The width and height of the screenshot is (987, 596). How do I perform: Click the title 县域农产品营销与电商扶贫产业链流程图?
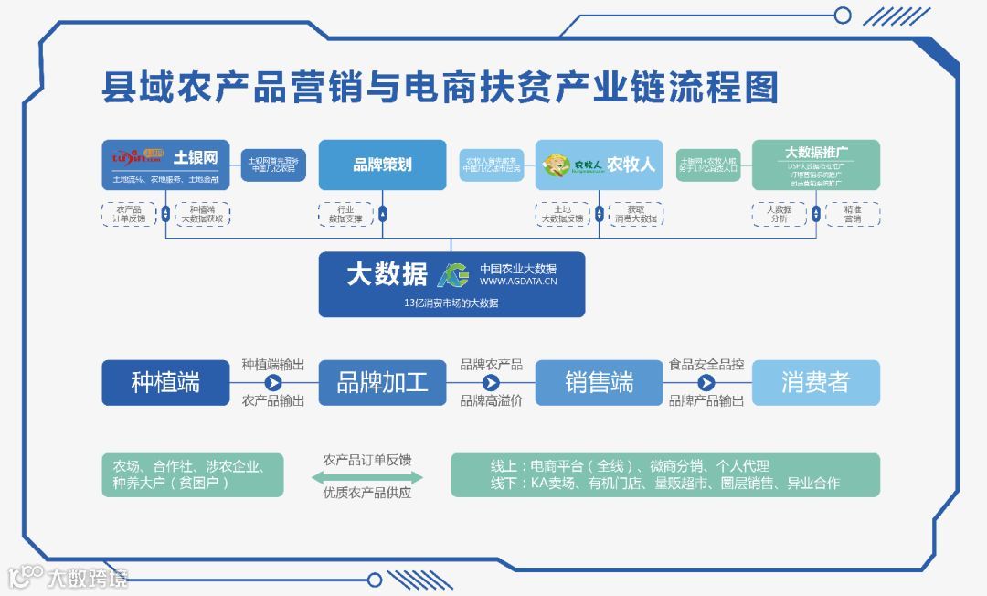[x=440, y=88]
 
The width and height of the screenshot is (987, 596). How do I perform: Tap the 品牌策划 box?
[x=382, y=165]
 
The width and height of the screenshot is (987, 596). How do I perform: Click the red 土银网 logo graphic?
[x=135, y=157]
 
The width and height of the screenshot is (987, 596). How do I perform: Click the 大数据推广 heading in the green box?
[x=815, y=152]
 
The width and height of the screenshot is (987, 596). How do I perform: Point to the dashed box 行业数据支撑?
[x=345, y=214]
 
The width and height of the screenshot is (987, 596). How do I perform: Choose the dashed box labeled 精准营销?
[x=852, y=214]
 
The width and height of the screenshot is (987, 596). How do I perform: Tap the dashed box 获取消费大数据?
[x=635, y=214]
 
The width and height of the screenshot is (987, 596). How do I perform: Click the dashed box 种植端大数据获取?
[x=202, y=214]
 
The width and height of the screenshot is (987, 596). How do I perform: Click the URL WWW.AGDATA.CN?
[x=518, y=282]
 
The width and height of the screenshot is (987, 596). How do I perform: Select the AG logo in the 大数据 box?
[x=453, y=274]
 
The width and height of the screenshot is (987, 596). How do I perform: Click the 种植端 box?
[x=165, y=382]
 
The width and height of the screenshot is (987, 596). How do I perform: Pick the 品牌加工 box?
[x=382, y=382]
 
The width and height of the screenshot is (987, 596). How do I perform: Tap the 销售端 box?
[x=599, y=382]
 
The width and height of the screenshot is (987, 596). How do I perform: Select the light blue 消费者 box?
[x=815, y=382]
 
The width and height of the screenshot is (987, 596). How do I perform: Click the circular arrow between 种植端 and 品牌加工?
[x=273, y=382]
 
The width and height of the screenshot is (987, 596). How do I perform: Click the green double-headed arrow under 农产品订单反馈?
[x=367, y=477]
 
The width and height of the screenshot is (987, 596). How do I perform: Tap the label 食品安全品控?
[x=706, y=364]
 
